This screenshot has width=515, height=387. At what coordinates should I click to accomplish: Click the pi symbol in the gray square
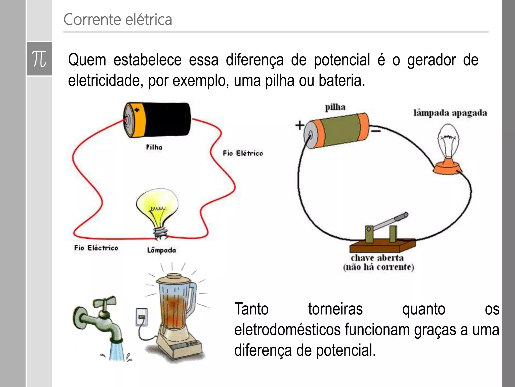pyautogui.click(x=39, y=59)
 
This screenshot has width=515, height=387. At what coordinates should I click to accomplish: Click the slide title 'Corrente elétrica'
pyautogui.click(x=118, y=19)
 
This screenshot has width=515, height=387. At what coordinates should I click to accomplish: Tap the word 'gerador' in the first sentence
pyautogui.click(x=432, y=60)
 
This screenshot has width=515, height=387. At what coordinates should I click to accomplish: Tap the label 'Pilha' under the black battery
pyautogui.click(x=154, y=147)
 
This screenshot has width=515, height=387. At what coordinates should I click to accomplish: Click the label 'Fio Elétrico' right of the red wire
pyautogui.click(x=243, y=153)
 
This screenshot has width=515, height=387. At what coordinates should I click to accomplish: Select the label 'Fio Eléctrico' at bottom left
pyautogui.click(x=96, y=248)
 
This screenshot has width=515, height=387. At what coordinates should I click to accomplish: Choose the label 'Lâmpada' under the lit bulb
pyautogui.click(x=161, y=250)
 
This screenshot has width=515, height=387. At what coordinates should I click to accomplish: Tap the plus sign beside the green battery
pyautogui.click(x=300, y=125)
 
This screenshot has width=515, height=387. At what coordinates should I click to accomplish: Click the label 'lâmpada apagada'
pyautogui.click(x=450, y=113)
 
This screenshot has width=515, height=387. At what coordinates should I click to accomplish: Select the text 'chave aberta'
pyautogui.click(x=377, y=258)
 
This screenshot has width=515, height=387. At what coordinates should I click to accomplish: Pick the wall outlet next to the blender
pyautogui.click(x=142, y=317)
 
